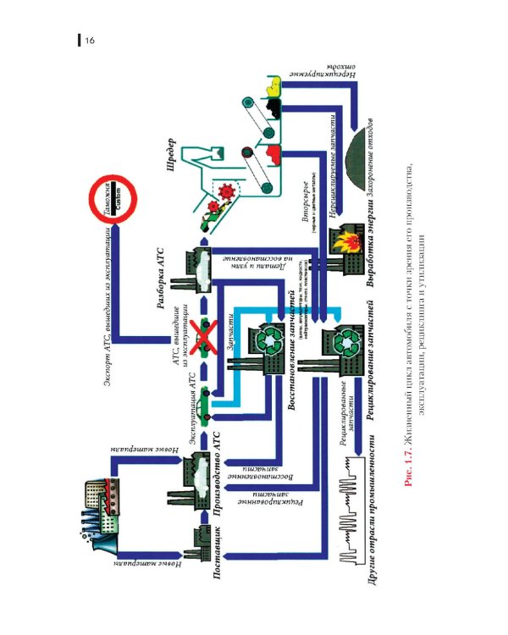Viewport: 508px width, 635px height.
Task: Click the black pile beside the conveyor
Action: click(273, 108)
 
